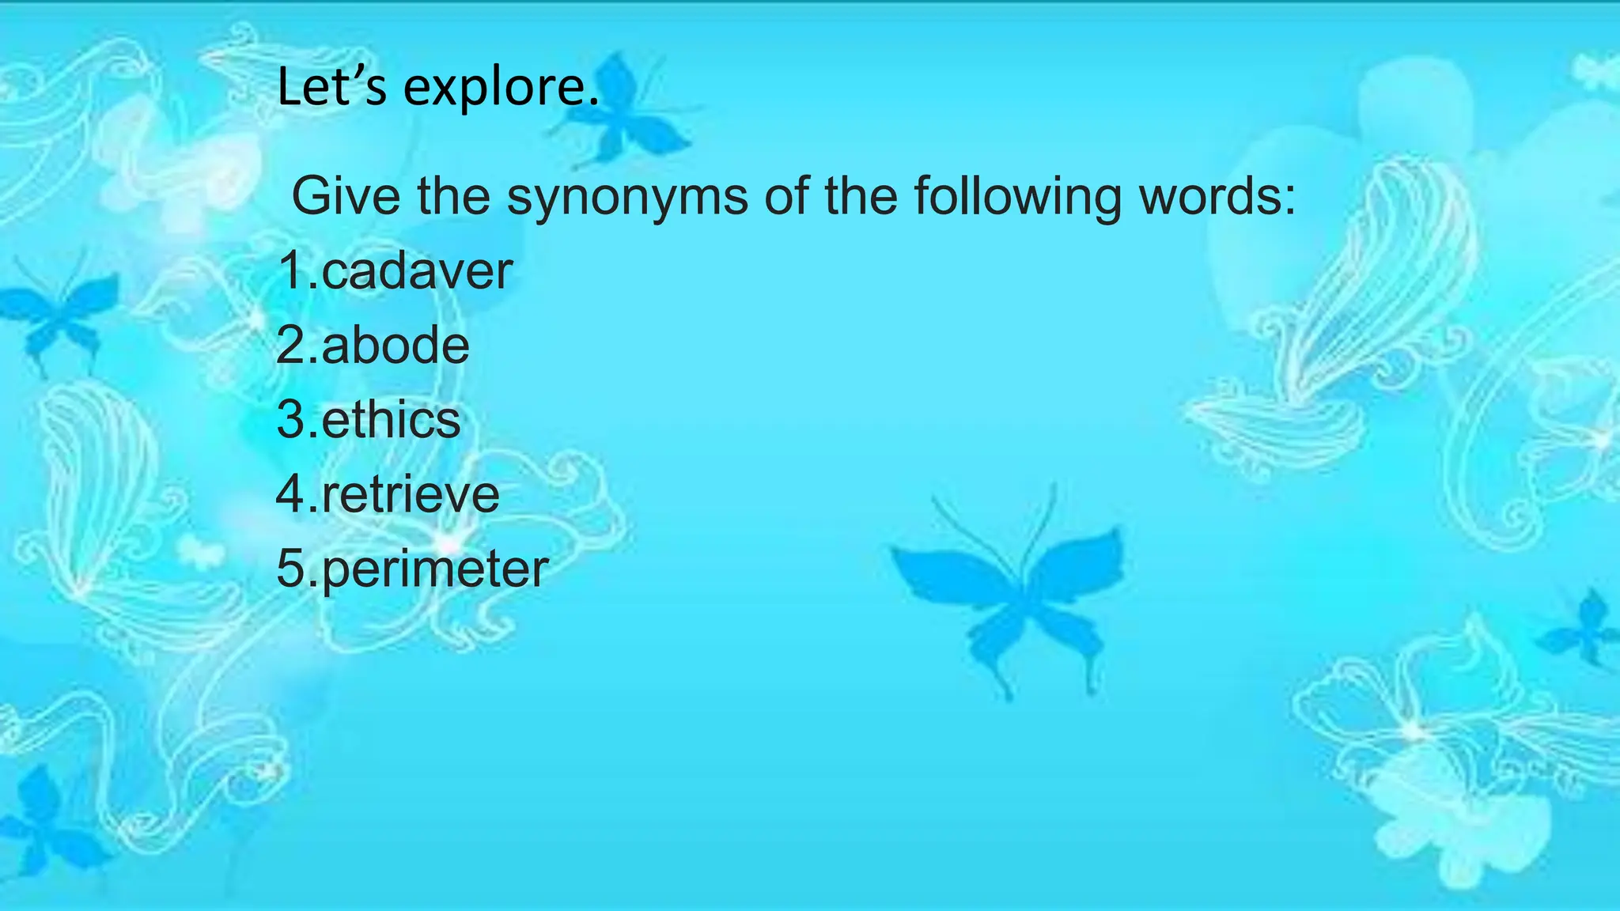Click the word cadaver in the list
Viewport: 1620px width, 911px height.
click(417, 271)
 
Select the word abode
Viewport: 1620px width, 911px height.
click(395, 346)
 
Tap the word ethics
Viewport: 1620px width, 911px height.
click(391, 420)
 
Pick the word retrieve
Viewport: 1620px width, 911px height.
click(411, 495)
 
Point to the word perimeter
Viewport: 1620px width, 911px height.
click(434, 569)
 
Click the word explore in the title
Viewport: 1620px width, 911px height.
click(502, 87)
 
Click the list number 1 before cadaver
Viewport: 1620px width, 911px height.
click(291, 271)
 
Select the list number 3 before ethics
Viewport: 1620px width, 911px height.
click(291, 420)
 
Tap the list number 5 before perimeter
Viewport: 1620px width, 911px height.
click(291, 569)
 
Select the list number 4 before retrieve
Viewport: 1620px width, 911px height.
click(291, 495)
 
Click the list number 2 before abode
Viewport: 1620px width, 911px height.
click(291, 346)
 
